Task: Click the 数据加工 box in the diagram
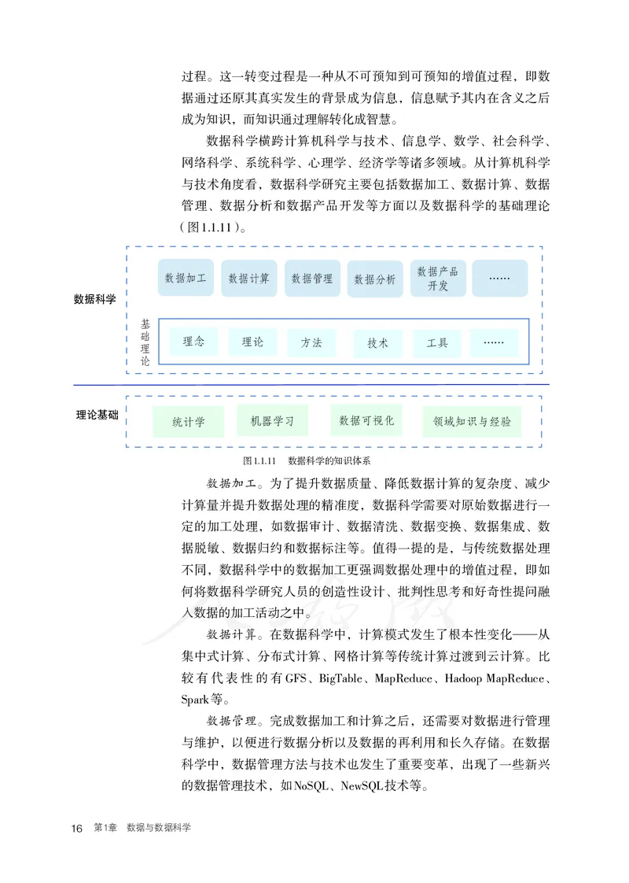point(186,279)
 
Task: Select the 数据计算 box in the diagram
point(248,279)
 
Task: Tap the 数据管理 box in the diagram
point(312,279)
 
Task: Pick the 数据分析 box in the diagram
point(375,279)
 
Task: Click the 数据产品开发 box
point(438,279)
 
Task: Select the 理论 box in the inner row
point(252,342)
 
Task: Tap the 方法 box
point(311,343)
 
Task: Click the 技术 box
point(377,343)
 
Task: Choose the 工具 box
point(437,343)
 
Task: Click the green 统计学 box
point(189,422)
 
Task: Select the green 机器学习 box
point(272,421)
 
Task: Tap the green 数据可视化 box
point(366,421)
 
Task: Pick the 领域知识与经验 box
point(471,422)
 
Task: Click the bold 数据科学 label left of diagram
point(95,300)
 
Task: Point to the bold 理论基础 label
point(97,414)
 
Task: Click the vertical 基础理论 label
point(145,342)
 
